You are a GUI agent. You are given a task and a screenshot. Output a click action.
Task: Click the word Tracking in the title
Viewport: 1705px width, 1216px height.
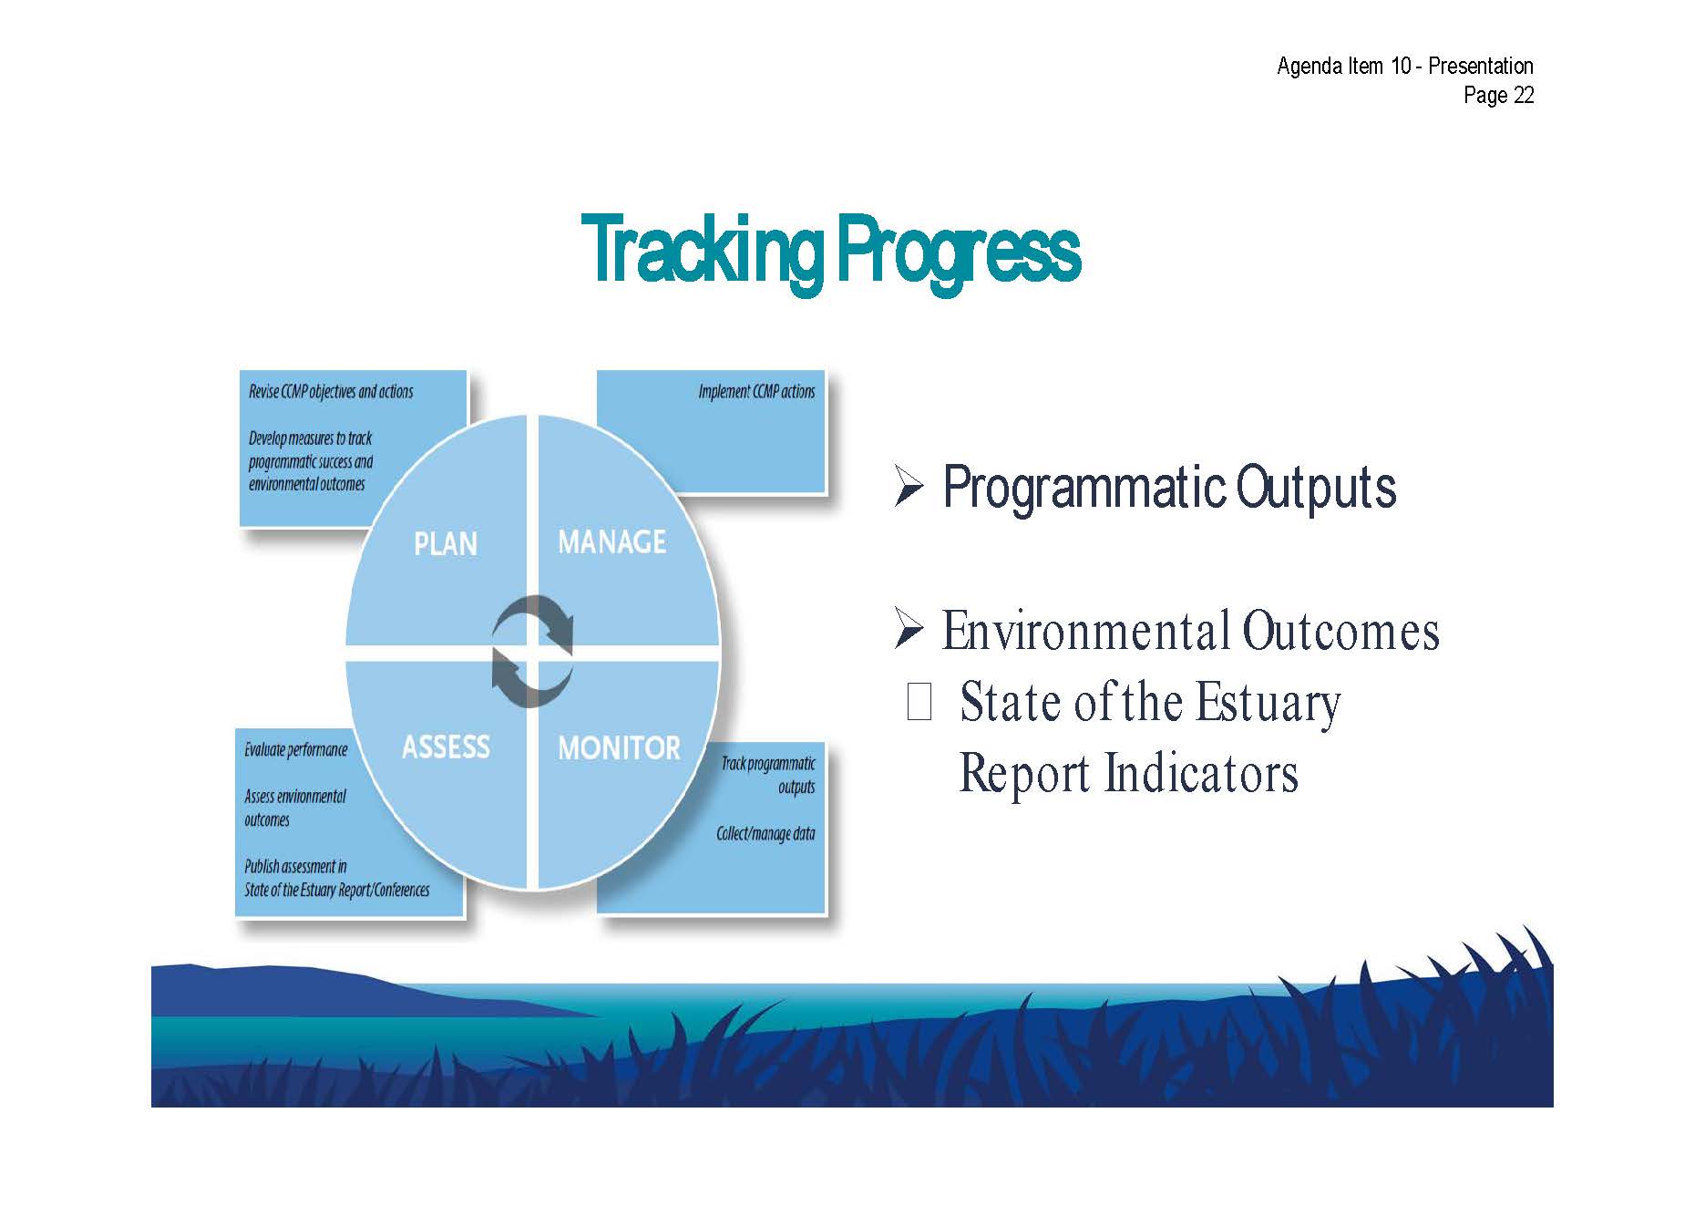tap(704, 251)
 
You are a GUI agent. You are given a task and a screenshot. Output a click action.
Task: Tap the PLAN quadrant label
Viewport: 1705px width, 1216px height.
tap(446, 543)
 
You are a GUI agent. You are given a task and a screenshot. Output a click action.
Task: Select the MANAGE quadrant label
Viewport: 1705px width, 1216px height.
tap(611, 541)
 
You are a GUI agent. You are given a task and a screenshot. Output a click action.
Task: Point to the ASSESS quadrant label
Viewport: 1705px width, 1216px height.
tap(446, 747)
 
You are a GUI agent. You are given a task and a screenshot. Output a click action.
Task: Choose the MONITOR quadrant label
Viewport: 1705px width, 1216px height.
tap(619, 748)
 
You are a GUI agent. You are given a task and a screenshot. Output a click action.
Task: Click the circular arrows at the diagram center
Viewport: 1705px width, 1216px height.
tap(532, 651)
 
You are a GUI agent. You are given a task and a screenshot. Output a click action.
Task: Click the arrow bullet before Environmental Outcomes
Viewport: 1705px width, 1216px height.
tap(909, 629)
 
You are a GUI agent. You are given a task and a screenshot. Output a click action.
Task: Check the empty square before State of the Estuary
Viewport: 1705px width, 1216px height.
tap(919, 702)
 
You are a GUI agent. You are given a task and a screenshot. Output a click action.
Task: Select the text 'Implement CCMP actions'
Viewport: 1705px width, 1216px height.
tap(756, 392)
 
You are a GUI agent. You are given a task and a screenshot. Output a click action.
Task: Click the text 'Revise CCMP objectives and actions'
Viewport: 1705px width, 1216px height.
tap(331, 392)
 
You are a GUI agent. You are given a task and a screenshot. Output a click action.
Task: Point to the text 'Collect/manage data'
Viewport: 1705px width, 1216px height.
tap(765, 833)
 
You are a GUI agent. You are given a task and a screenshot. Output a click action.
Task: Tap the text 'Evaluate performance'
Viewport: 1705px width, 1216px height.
tap(296, 750)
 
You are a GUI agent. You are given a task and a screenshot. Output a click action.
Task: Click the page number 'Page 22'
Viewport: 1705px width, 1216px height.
tap(1499, 95)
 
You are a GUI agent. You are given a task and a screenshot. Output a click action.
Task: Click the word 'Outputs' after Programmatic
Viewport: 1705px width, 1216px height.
tap(1316, 487)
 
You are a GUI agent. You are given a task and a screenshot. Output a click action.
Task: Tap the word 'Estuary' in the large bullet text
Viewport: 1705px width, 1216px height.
tap(1268, 704)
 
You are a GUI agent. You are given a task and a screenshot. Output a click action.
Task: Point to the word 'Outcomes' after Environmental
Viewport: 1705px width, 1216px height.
tap(1340, 631)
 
